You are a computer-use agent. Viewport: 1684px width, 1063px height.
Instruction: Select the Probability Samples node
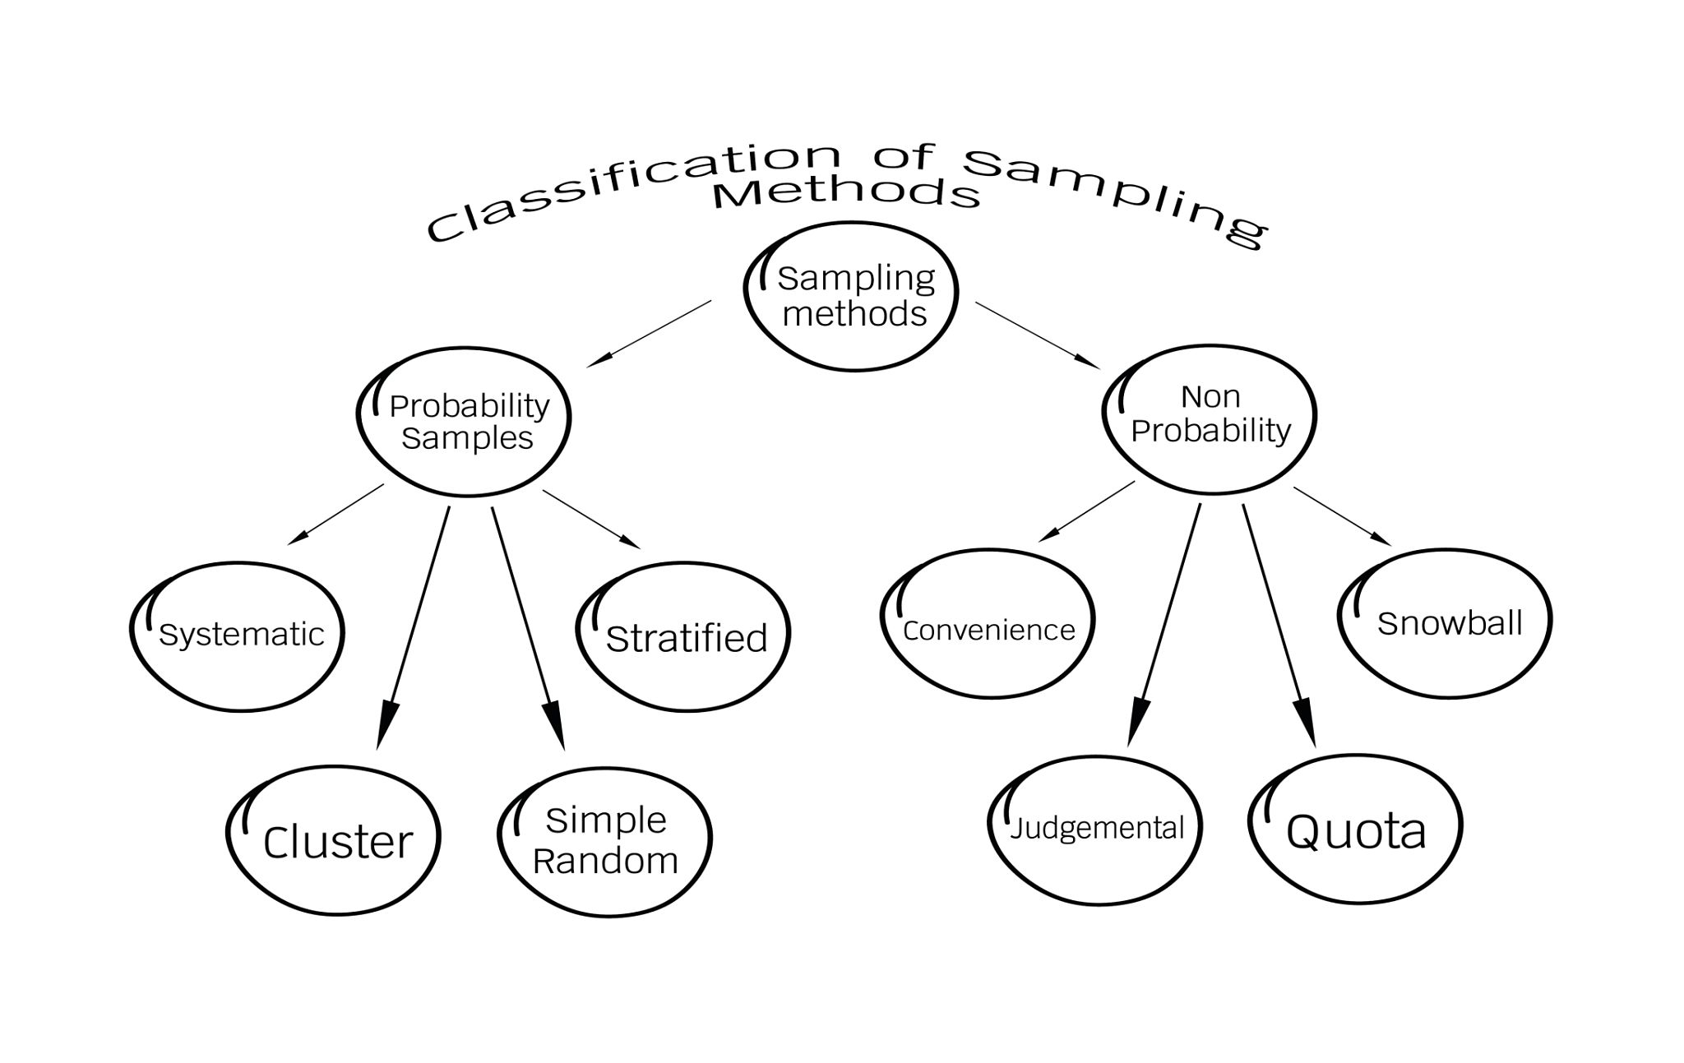(x=465, y=422)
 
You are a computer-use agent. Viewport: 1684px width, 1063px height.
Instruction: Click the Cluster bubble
(x=335, y=841)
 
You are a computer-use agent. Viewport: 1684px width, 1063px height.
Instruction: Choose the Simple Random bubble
(x=605, y=841)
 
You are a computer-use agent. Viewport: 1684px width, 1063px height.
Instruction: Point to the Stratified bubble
(x=684, y=637)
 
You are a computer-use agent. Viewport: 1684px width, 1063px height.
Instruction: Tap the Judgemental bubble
(x=1096, y=829)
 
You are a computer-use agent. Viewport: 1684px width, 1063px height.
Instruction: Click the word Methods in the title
(x=847, y=194)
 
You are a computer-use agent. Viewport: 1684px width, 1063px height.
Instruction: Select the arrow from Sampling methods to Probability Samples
(x=650, y=333)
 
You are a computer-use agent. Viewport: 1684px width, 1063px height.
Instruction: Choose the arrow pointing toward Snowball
(x=1342, y=515)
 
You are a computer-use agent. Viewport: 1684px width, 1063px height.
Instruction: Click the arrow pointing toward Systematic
(x=335, y=514)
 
